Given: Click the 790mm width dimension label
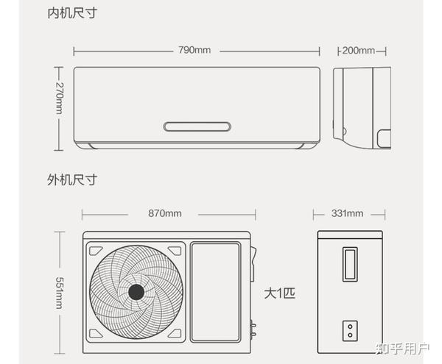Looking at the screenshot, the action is [x=194, y=50].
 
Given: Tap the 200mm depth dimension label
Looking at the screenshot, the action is [x=359, y=50].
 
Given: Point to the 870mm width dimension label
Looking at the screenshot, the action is [x=164, y=213].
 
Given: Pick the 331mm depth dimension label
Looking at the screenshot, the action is [x=347, y=213].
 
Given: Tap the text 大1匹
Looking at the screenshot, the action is [x=279, y=293].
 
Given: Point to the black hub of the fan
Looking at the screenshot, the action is [x=136, y=292].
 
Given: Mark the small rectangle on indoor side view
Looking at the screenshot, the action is [x=385, y=137].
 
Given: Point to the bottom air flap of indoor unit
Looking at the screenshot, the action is [x=197, y=146].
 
